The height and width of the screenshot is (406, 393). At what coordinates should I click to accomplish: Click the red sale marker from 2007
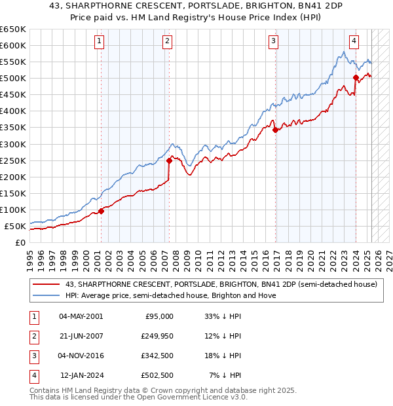(169, 160)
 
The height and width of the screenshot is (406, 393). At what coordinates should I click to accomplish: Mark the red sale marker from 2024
(356, 77)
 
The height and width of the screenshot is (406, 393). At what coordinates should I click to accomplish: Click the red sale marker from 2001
(101, 211)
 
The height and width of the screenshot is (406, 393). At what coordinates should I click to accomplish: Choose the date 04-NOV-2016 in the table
(81, 356)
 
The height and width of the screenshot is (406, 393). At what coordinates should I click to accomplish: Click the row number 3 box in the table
(33, 356)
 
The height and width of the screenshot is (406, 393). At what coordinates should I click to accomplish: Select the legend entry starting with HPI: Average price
(170, 295)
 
